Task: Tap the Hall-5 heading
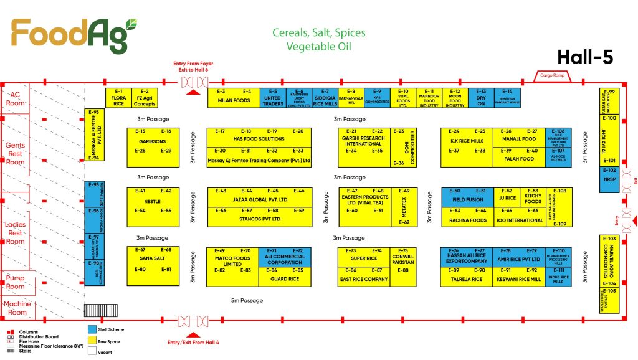coord(586,57)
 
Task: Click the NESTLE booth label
coord(152,201)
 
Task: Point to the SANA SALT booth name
coord(152,258)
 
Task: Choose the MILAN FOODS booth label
coord(233,100)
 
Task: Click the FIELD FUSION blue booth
coord(467,200)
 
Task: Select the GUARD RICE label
coord(284,278)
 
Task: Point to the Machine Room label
coord(17,308)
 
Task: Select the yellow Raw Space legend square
coord(93,341)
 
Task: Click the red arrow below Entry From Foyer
coord(193,92)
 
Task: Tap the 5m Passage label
coord(247,301)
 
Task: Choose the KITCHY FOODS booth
coord(533,199)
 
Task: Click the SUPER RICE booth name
coord(363,258)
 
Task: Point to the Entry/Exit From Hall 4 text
coord(193,341)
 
